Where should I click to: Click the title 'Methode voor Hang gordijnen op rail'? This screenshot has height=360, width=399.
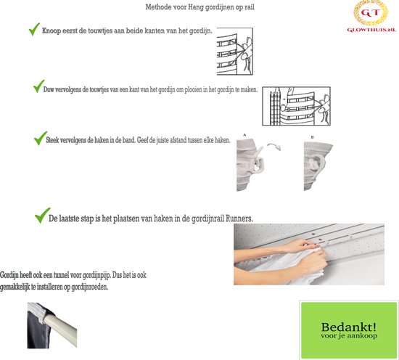click(x=199, y=7)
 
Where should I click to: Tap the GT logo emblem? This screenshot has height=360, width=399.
click(x=371, y=12)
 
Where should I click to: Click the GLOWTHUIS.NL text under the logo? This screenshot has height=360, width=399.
click(x=371, y=30)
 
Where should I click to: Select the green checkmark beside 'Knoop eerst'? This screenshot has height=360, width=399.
click(x=34, y=29)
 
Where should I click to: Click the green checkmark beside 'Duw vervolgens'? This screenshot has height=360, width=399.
click(x=38, y=86)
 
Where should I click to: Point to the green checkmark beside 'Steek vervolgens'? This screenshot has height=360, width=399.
click(x=40, y=138)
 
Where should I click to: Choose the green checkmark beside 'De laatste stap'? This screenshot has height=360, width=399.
click(x=42, y=216)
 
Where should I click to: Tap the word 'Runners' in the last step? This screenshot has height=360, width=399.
click(x=239, y=218)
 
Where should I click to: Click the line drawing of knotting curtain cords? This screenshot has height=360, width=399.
click(x=235, y=52)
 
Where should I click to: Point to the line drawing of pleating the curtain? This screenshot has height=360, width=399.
click(x=297, y=106)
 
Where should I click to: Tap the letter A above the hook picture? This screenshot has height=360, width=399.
click(x=244, y=135)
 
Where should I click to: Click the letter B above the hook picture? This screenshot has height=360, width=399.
click(x=312, y=137)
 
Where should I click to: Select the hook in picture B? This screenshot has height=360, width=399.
click(x=318, y=163)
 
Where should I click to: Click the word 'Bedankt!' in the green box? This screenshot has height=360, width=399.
click(x=349, y=327)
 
